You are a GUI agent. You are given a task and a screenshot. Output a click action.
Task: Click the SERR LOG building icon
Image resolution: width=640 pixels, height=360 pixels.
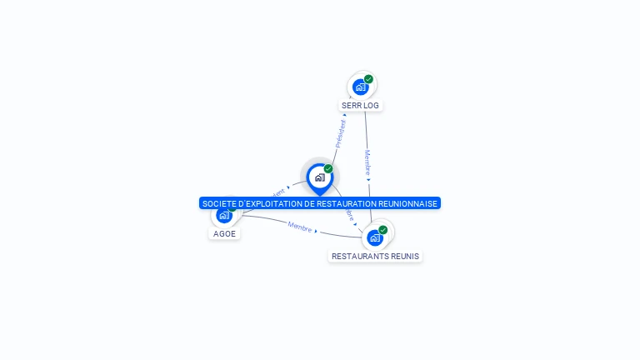click(x=360, y=87)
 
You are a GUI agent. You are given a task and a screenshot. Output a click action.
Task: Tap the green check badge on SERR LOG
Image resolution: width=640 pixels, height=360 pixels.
click(x=368, y=79)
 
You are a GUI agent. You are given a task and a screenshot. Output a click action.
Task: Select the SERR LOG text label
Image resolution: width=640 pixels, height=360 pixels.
click(x=360, y=106)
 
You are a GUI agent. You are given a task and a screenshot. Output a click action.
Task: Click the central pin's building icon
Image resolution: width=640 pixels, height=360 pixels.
click(x=319, y=177)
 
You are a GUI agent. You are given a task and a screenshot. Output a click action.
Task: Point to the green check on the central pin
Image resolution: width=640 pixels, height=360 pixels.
click(x=328, y=168)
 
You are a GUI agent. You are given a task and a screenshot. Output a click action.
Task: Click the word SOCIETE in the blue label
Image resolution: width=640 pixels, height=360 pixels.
click(x=219, y=203)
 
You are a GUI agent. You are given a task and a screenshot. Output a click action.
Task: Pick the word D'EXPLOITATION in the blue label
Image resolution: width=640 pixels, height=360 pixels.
click(x=268, y=203)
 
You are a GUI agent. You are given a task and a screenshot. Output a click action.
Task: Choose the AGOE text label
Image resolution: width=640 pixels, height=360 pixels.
click(x=225, y=233)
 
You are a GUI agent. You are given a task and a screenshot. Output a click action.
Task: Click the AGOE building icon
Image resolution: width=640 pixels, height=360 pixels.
click(x=223, y=216)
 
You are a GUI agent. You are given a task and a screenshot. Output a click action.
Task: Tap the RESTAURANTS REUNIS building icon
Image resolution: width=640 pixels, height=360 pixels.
click(x=374, y=237)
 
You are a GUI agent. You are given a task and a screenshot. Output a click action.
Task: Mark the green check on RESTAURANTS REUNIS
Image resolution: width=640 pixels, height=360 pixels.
click(x=383, y=230)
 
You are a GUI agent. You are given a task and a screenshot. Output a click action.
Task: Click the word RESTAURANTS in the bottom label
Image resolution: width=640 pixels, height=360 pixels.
click(x=360, y=256)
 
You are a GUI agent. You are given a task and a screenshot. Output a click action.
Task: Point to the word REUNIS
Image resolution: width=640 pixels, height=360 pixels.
click(x=405, y=256)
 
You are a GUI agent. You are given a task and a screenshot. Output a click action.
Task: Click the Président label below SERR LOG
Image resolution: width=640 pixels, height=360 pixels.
click(x=340, y=133)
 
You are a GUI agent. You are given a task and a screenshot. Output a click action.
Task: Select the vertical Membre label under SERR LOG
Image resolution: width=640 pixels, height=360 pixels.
click(x=367, y=161)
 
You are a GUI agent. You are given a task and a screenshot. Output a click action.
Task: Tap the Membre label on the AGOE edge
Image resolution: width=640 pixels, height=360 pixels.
click(x=299, y=227)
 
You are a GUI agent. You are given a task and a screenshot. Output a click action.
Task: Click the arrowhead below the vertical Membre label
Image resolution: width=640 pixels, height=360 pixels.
click(x=369, y=179)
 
